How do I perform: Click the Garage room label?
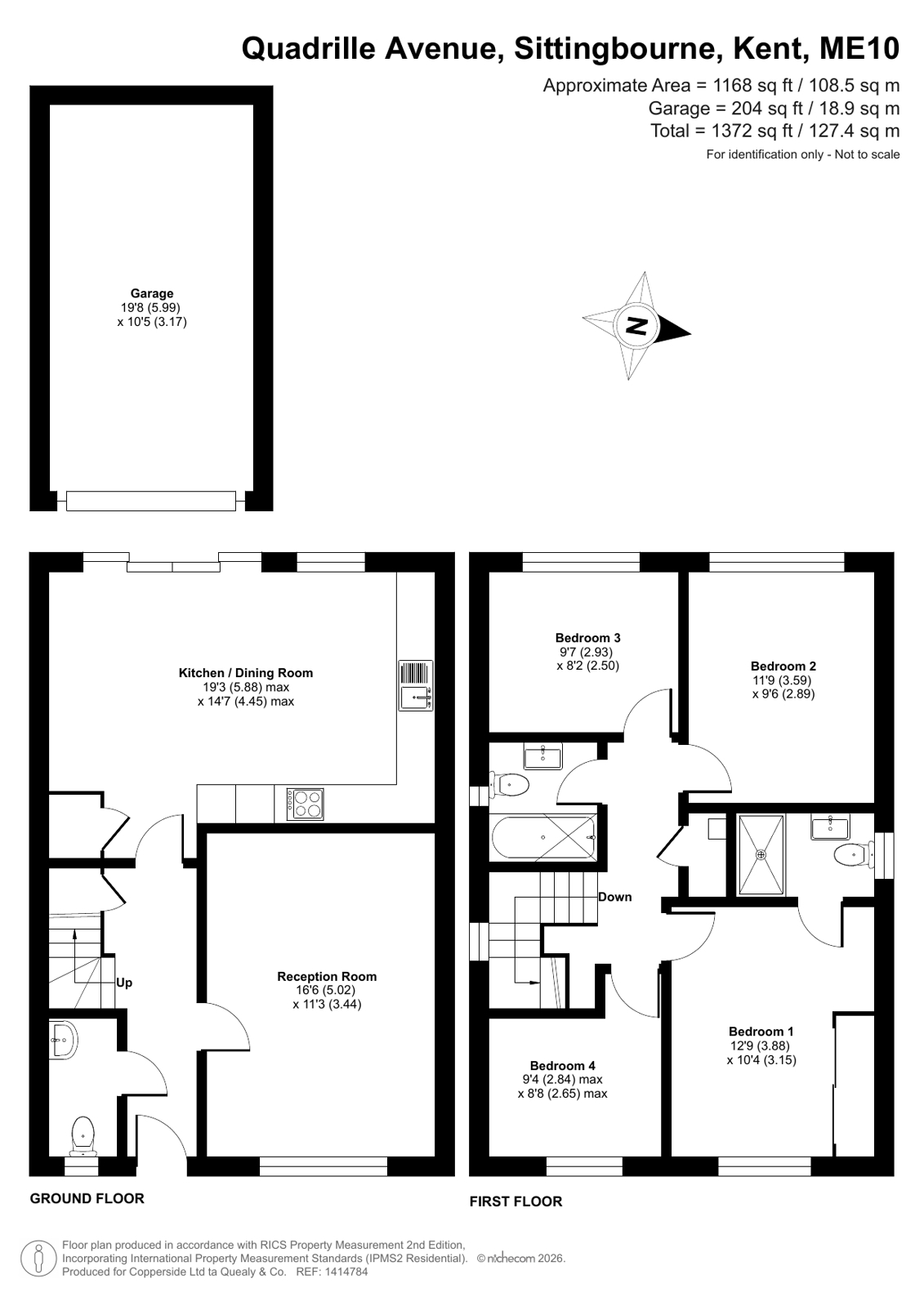pos(152,293)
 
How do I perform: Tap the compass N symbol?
pos(636,325)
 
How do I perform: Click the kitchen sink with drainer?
pos(416,685)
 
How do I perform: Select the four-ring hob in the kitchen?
pos(305,805)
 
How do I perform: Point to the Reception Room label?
pos(327,976)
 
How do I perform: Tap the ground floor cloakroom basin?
pos(63,1039)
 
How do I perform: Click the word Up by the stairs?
pos(123,983)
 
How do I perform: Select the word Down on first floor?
pos(615,897)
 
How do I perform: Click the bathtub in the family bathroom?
pos(543,837)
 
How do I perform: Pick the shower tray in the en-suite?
pos(761,854)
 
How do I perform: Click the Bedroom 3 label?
pos(587,638)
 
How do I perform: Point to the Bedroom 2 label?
pos(783,666)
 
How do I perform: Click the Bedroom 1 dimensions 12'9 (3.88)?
pos(761,1046)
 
